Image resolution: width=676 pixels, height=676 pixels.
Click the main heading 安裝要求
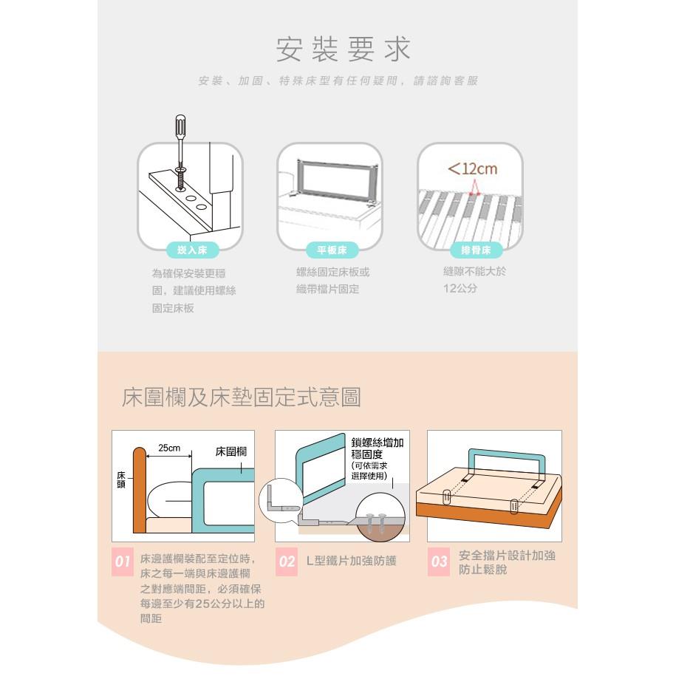click(x=343, y=49)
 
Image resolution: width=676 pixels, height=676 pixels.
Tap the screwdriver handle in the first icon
click(x=180, y=126)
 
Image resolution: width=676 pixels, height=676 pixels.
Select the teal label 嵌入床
click(x=192, y=250)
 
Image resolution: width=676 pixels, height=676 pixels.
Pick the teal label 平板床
click(x=332, y=250)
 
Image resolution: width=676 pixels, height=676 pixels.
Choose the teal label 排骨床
click(x=476, y=250)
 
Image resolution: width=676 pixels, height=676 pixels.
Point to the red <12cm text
click(x=473, y=168)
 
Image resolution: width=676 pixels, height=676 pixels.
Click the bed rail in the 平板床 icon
click(x=336, y=179)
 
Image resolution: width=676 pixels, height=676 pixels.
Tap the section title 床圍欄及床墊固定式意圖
click(x=242, y=397)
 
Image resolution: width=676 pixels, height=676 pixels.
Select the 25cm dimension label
click(x=169, y=448)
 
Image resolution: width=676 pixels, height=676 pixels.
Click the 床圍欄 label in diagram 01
click(x=231, y=451)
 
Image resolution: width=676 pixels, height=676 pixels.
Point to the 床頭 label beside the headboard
click(x=121, y=479)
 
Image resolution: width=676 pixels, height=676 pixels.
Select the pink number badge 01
click(x=123, y=561)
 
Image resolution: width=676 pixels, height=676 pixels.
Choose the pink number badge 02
click(x=287, y=561)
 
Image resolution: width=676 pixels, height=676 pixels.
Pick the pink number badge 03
click(x=439, y=561)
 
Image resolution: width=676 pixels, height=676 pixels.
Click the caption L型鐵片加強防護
click(x=352, y=561)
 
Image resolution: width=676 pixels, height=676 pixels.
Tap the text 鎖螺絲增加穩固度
click(x=378, y=448)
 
